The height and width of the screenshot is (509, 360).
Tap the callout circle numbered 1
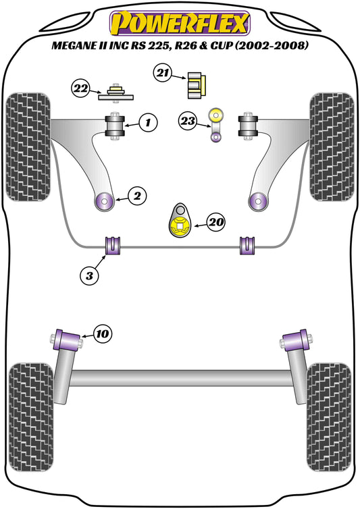pos(147,123)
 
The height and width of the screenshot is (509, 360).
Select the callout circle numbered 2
pos(136,196)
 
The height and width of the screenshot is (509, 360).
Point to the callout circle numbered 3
pos(89,275)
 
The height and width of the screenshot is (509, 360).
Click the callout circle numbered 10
pos(103,333)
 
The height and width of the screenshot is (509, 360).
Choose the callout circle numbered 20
pos(216,221)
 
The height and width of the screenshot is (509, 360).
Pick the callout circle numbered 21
pos(163,74)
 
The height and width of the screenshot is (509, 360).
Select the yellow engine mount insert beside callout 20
pos(180,225)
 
